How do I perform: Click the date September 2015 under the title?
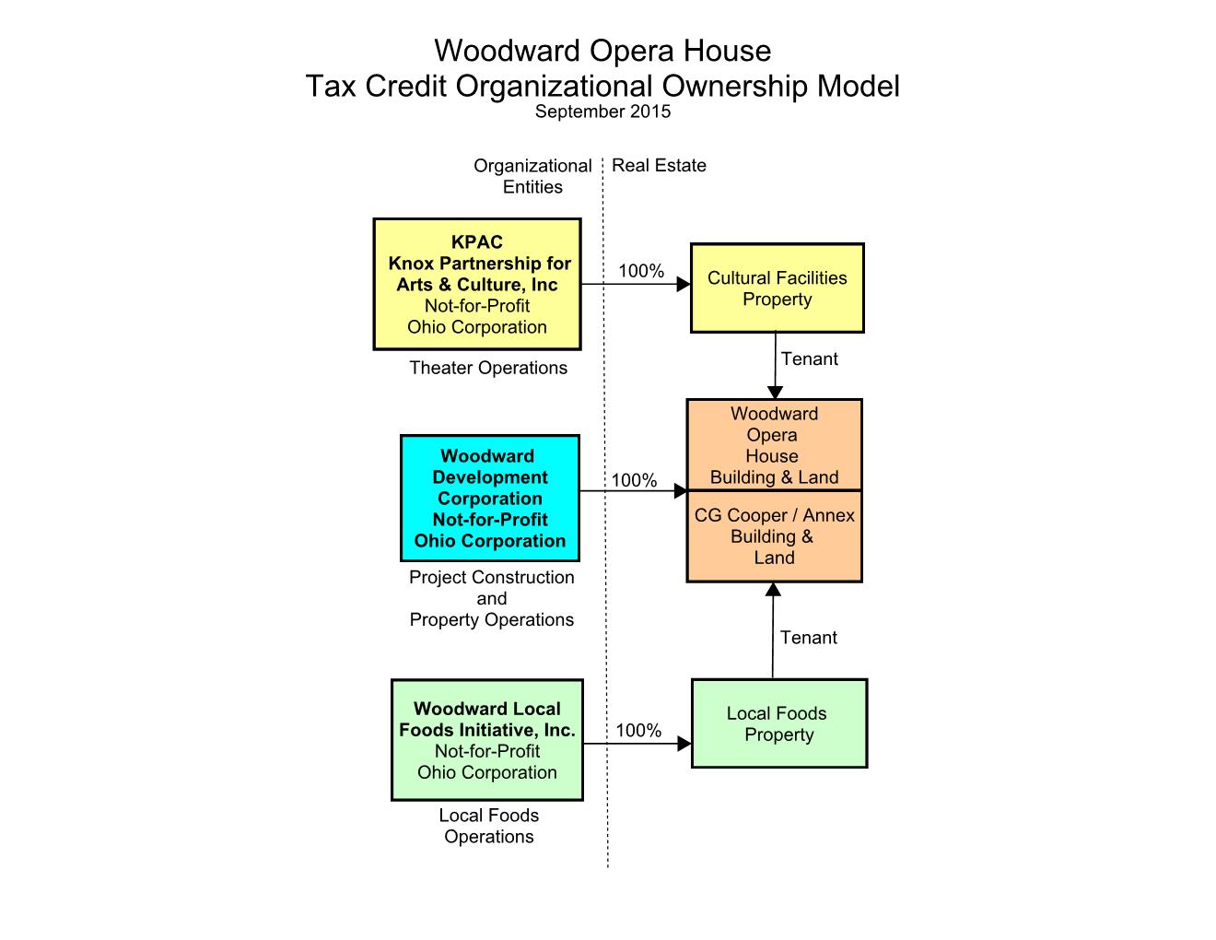(x=602, y=112)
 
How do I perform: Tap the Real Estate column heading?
(x=659, y=166)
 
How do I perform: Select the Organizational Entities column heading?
(x=532, y=176)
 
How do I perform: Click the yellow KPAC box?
(x=477, y=284)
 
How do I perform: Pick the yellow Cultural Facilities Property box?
(x=778, y=288)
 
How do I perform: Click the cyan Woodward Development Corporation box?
(x=490, y=499)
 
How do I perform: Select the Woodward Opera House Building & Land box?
(x=774, y=445)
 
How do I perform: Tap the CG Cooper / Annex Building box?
(x=774, y=536)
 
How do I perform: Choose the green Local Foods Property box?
(x=778, y=723)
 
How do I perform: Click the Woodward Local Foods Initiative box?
(x=487, y=740)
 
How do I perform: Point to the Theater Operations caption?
(x=488, y=368)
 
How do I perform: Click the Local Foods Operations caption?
(x=489, y=826)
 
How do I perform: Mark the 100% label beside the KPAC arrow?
(x=641, y=271)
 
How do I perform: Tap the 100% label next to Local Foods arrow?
(x=638, y=731)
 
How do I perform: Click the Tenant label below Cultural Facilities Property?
(x=809, y=359)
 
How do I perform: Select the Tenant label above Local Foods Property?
(x=808, y=638)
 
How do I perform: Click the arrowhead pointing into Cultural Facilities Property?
(x=684, y=284)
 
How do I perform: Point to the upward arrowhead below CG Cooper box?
(x=773, y=590)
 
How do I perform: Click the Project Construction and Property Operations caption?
(x=491, y=599)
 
